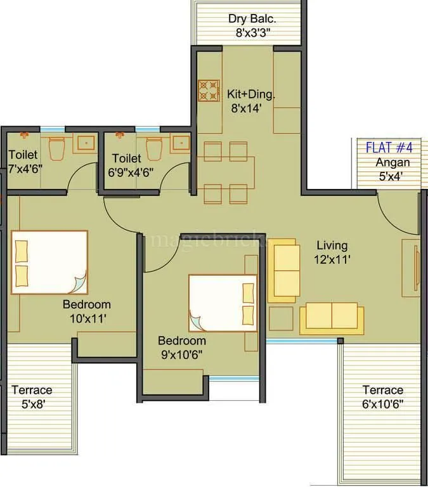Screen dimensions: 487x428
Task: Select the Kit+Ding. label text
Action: point(251,94)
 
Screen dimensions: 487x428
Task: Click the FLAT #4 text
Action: point(389,148)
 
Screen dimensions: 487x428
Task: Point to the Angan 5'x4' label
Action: point(391,169)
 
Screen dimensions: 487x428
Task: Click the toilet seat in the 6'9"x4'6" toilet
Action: point(153,147)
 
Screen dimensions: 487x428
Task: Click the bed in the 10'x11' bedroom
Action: point(49,262)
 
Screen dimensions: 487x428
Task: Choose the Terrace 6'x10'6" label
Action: point(382,397)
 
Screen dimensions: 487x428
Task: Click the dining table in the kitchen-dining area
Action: point(226,171)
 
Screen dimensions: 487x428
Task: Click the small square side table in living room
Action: point(281,318)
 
